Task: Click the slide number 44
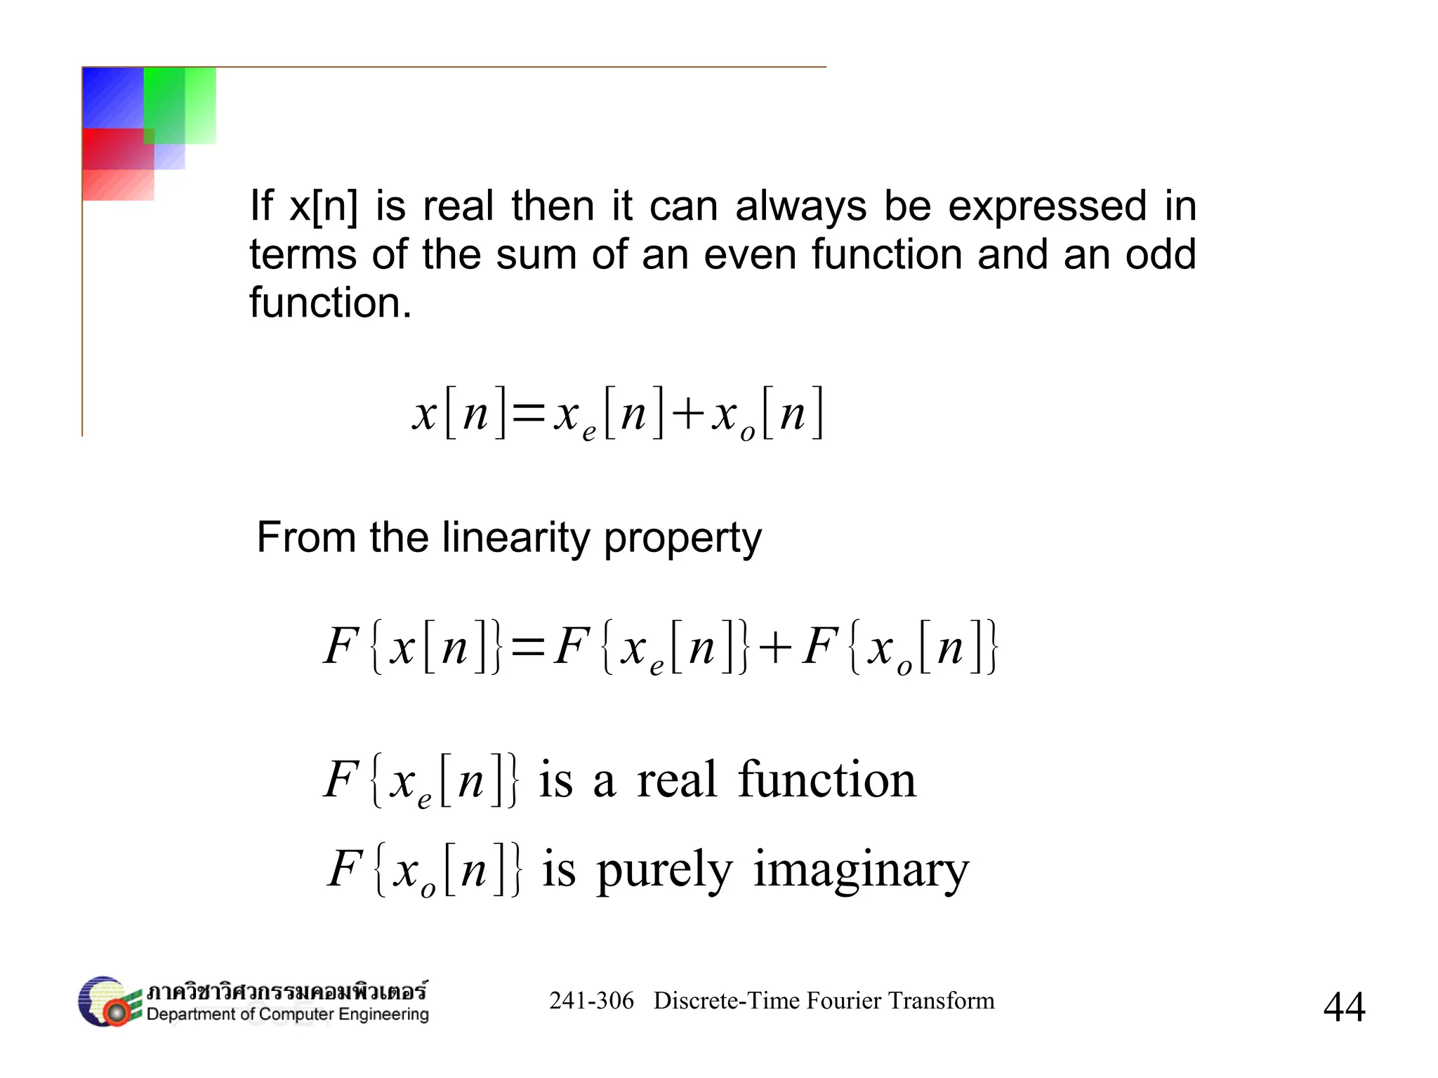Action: (1344, 1007)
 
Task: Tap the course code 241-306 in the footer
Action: (591, 1001)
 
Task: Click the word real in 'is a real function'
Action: (677, 780)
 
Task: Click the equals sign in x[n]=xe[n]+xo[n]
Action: (529, 414)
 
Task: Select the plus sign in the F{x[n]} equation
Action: (775, 647)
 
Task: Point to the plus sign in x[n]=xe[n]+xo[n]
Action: (687, 414)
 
